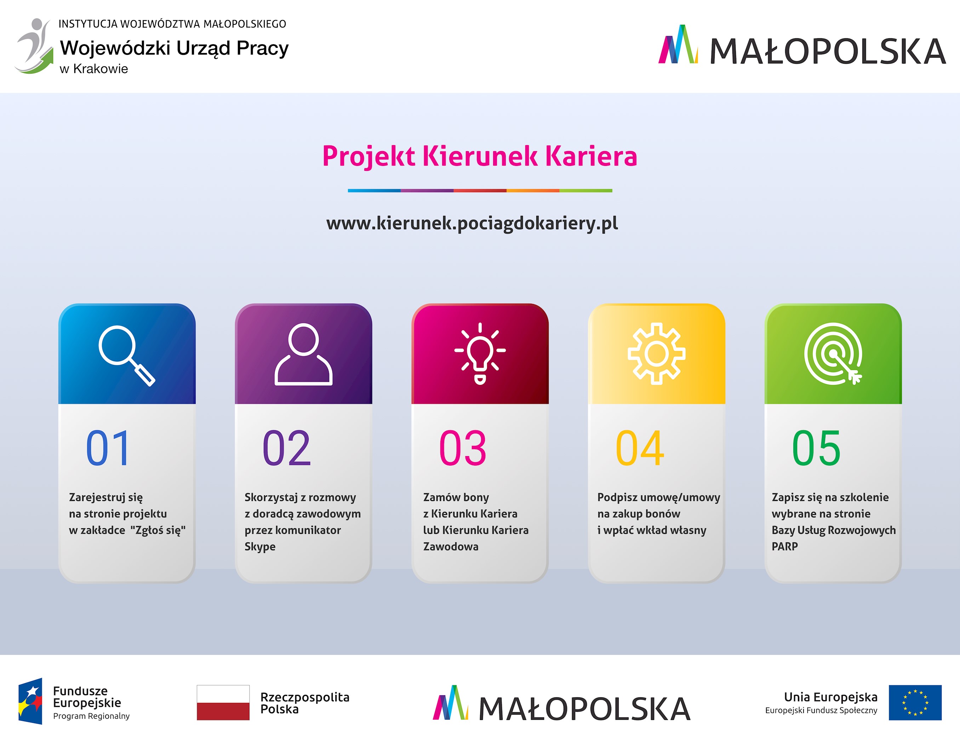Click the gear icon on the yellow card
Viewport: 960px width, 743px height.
656,354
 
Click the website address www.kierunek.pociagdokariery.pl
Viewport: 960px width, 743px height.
472,223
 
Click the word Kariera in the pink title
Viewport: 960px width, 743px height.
591,156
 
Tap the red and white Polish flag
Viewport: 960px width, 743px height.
223,702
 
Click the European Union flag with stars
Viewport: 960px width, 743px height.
915,702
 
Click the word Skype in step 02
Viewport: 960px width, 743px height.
260,547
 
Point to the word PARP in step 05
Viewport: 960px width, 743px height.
785,546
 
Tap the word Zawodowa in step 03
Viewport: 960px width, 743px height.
451,546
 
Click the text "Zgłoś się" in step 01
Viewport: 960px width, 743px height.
158,530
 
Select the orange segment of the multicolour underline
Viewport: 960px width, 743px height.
533,191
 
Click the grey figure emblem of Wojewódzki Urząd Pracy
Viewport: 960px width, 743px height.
33,46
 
